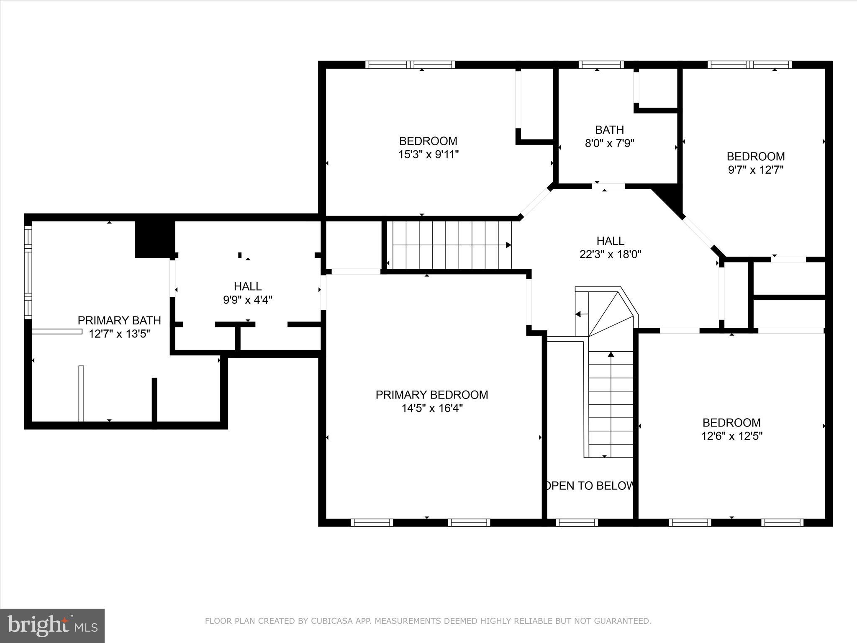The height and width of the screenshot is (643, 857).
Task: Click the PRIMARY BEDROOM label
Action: [x=431, y=395]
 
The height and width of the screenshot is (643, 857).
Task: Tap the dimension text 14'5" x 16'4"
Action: [x=432, y=408]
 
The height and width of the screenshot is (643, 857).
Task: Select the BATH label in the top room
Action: [x=609, y=130]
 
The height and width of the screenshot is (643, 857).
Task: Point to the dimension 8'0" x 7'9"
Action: [x=609, y=144]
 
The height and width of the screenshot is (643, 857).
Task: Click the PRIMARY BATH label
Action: [x=119, y=320]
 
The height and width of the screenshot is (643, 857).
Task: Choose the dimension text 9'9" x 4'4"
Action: [x=248, y=300]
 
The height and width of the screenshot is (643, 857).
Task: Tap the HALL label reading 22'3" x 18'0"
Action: [x=610, y=241]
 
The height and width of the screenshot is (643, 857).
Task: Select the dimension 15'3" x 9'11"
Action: [x=428, y=154]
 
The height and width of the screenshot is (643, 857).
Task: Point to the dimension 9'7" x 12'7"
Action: [x=755, y=170]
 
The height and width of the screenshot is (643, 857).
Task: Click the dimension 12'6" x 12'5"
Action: [x=731, y=436]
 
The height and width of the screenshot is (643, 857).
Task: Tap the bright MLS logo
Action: [x=52, y=625]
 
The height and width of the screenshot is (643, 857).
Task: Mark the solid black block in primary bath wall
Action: [x=154, y=239]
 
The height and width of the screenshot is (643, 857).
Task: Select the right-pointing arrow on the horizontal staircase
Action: [x=508, y=245]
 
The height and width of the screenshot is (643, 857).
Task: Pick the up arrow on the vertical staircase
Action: [x=611, y=355]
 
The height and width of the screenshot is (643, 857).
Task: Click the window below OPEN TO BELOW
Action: [x=577, y=522]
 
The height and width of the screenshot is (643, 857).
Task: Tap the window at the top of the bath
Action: [x=601, y=64]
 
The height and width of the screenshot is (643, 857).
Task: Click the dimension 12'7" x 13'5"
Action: [x=119, y=334]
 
